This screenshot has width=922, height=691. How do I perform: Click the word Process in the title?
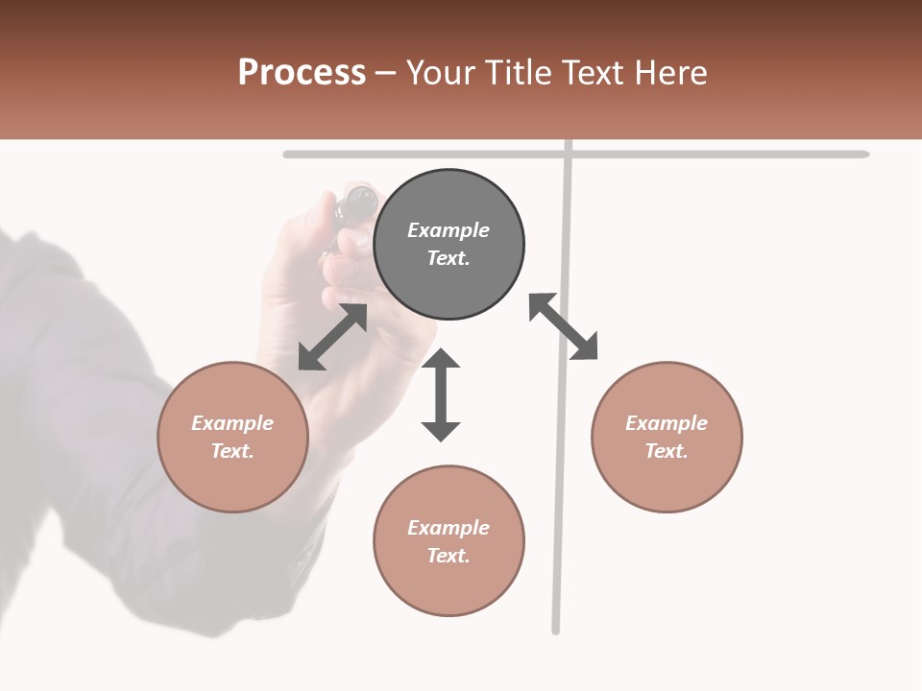pyautogui.click(x=302, y=73)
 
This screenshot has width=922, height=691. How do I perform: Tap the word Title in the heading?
pyautogui.click(x=519, y=73)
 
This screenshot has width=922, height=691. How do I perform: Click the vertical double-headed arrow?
pyautogui.click(x=441, y=394)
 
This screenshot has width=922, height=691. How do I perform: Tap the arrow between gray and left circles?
pyautogui.click(x=332, y=337)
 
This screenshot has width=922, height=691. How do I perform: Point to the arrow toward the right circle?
pyautogui.click(x=563, y=326)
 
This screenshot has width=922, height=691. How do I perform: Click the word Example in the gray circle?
pyautogui.click(x=449, y=230)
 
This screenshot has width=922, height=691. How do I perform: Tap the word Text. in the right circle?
pyautogui.click(x=667, y=451)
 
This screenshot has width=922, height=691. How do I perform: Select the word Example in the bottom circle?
pyautogui.click(x=449, y=528)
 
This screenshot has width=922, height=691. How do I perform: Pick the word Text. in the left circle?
pyautogui.click(x=232, y=451)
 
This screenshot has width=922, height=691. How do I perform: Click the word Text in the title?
pyautogui.click(x=593, y=73)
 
